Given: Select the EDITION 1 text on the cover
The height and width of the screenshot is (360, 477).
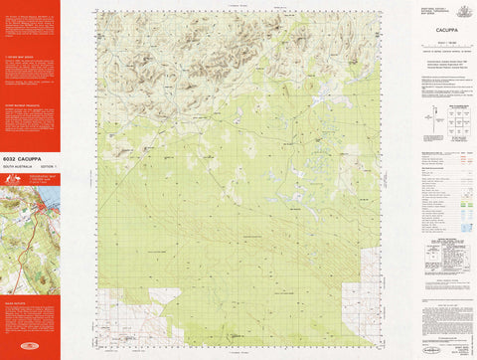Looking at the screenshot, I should point(46,164).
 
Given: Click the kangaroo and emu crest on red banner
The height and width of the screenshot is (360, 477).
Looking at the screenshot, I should point(11,179).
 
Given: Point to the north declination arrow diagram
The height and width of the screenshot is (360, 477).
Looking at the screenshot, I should point(429,121).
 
